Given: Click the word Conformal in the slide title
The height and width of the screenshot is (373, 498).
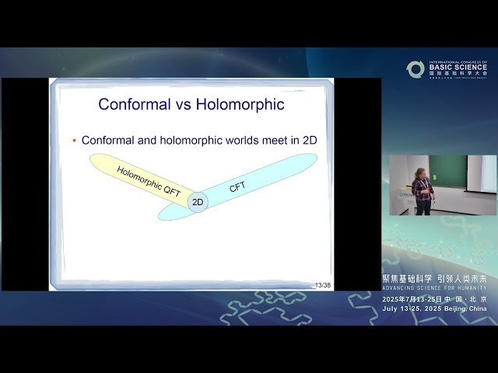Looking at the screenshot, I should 135,103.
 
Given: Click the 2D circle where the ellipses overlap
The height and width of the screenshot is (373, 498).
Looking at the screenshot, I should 198,202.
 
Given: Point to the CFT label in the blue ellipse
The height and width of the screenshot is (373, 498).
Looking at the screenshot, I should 237,188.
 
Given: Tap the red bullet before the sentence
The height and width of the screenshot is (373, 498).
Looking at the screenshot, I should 75,141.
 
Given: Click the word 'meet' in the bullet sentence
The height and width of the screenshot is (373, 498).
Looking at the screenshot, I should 268,141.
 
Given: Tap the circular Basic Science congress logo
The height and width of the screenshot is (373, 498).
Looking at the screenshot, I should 416,69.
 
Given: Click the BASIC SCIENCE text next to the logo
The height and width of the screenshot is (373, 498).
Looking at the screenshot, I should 458,68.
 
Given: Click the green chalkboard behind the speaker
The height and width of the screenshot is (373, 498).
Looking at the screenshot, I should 448,171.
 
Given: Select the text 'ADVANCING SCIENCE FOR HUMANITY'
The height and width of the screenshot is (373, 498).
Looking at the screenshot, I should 434,288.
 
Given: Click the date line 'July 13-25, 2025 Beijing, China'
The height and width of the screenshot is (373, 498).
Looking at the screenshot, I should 434,309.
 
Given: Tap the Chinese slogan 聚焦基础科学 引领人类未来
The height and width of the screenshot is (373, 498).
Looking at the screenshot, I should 434,278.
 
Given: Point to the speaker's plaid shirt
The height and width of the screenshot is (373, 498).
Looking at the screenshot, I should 423,188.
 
